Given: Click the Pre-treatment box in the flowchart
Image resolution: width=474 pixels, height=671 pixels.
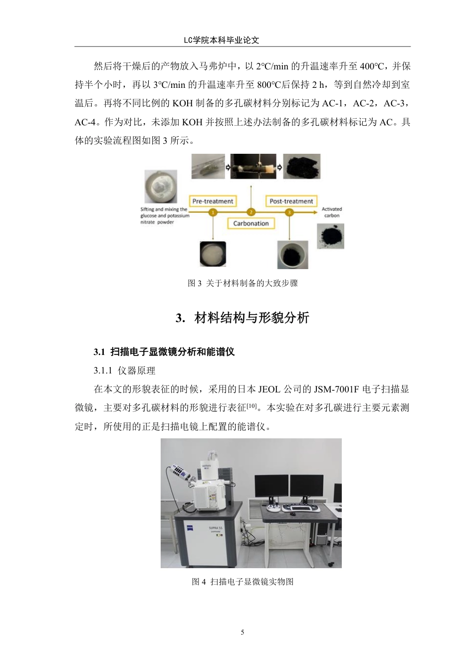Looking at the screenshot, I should [213, 201].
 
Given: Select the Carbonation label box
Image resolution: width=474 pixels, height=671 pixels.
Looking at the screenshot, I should [251, 223].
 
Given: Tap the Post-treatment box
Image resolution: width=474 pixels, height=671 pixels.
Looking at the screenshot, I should [291, 201].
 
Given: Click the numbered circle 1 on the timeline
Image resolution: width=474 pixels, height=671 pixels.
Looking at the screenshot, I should [213, 212].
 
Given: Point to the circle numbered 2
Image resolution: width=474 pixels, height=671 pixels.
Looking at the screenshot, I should [251, 212].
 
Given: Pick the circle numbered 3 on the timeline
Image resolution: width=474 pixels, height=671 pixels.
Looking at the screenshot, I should [289, 212].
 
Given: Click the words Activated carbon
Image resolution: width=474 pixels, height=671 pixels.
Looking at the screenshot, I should [332, 212].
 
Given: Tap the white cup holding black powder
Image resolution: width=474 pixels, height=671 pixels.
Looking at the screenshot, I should [293, 254].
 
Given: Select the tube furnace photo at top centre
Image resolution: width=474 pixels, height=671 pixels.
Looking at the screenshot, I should [252, 167].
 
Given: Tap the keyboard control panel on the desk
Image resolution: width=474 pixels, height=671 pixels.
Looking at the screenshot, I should [299, 508].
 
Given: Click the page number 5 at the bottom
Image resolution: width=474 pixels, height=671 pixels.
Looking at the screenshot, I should [243, 632].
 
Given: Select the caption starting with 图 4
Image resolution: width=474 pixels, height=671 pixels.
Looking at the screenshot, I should [243, 582].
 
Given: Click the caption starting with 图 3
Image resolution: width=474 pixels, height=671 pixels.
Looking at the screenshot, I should [243, 283].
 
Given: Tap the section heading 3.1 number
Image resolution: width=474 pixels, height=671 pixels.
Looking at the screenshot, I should [99, 352].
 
